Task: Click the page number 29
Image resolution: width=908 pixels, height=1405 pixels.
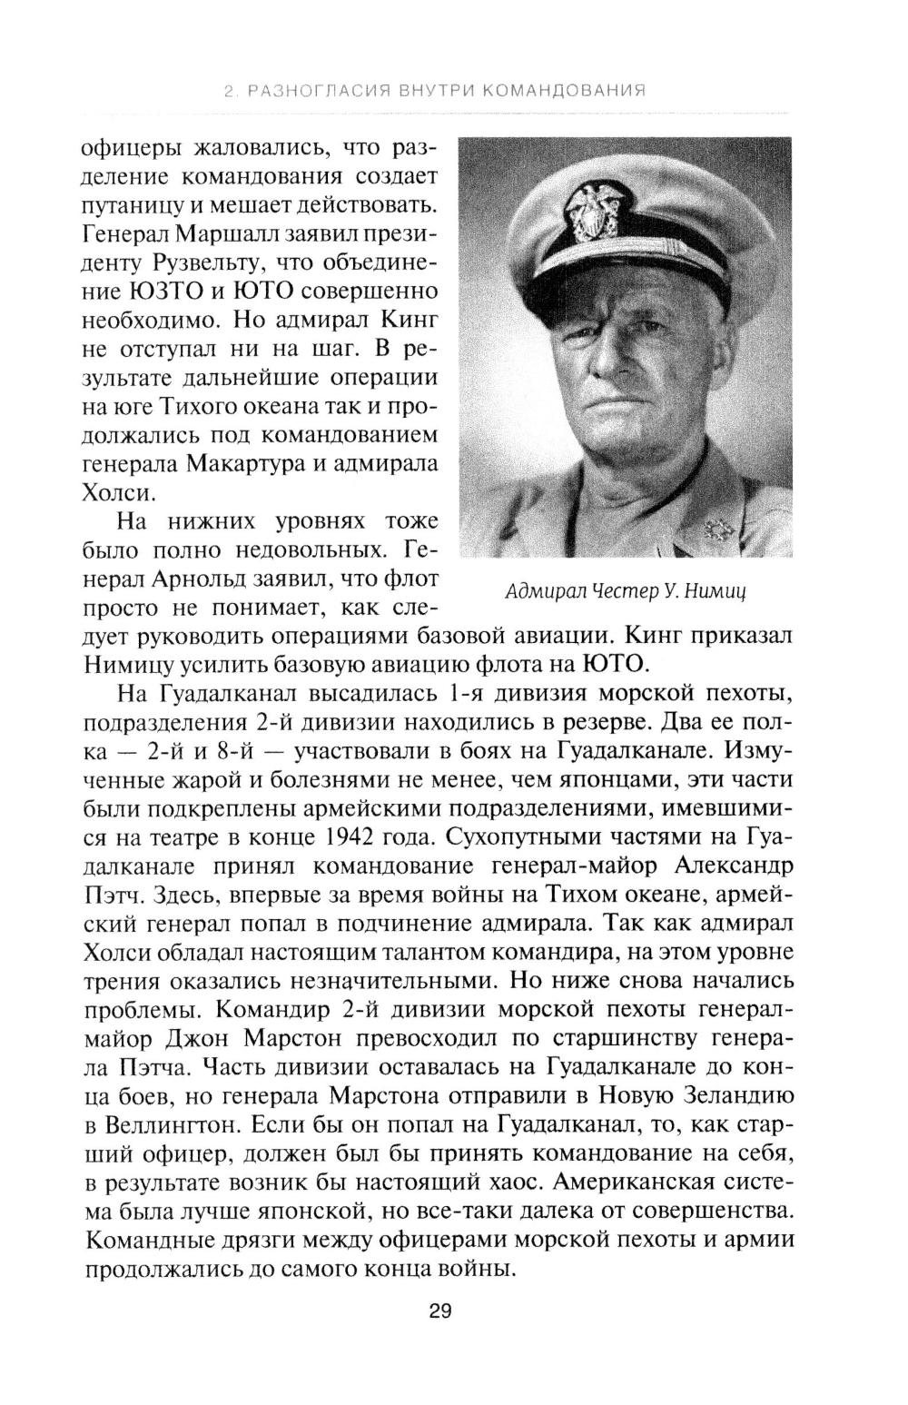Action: point(439,1312)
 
